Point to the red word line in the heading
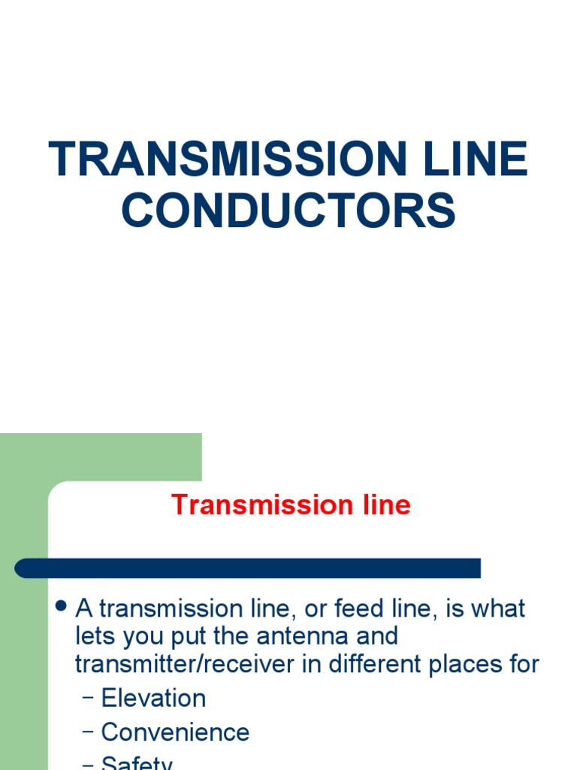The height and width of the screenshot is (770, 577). [385, 505]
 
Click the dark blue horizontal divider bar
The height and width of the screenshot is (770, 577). [248, 568]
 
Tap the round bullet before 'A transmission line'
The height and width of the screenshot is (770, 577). [62, 606]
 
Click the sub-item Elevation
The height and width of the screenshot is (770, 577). [153, 698]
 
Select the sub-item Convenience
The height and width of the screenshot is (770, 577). [175, 732]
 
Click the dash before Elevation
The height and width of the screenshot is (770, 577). [87, 699]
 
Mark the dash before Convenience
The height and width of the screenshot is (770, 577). [87, 733]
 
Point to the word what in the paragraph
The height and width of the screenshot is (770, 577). [500, 608]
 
